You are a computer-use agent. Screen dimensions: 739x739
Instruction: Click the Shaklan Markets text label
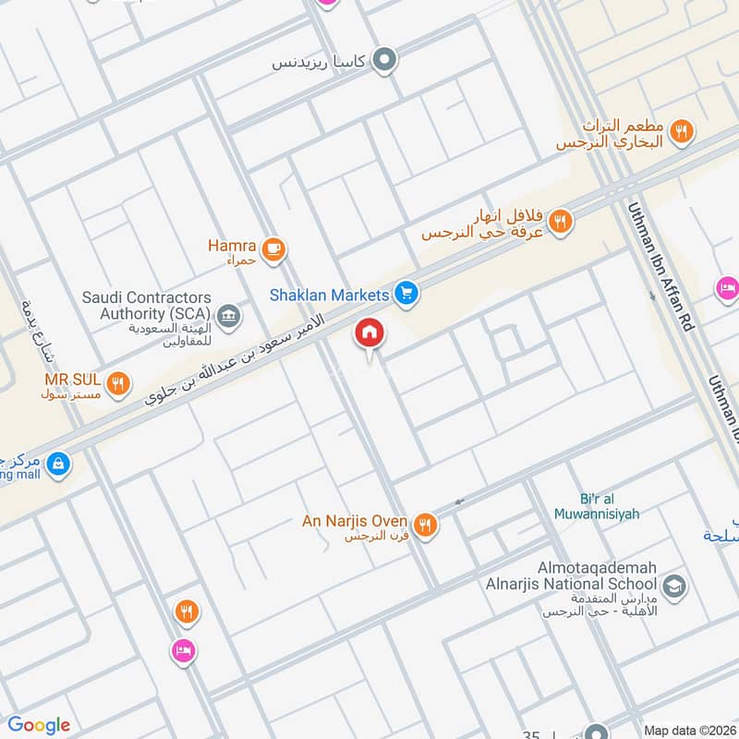click(329, 295)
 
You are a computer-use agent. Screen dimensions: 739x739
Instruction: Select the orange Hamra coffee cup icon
click(273, 248)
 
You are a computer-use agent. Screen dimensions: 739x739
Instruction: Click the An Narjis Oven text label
click(355, 522)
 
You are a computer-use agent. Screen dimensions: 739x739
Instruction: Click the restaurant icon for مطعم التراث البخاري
click(682, 131)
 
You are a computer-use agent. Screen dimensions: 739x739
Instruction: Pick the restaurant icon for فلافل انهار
click(560, 221)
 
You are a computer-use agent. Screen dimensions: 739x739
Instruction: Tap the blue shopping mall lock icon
click(57, 464)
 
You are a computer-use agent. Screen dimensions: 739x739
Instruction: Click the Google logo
click(39, 725)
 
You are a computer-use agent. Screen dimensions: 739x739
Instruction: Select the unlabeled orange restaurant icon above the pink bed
click(186, 611)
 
